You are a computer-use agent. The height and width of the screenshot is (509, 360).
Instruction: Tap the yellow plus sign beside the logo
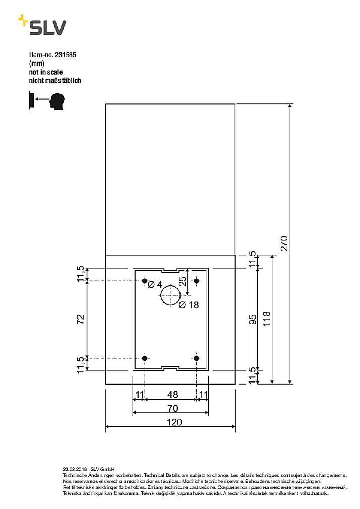tap(23, 21)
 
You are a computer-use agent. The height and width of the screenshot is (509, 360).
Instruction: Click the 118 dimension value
tap(267, 319)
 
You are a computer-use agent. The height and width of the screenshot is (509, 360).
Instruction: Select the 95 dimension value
tap(253, 319)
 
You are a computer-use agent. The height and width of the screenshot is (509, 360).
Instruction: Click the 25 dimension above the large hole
tap(183, 280)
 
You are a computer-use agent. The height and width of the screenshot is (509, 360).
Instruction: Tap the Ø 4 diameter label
tap(155, 285)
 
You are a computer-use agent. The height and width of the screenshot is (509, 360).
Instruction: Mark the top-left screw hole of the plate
tap(145, 280)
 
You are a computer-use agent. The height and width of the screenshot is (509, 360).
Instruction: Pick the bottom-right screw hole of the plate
tap(197, 358)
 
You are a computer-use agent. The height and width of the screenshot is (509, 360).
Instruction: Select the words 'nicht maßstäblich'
tap(55, 80)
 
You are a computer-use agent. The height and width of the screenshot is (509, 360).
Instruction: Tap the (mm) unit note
tap(37, 64)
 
